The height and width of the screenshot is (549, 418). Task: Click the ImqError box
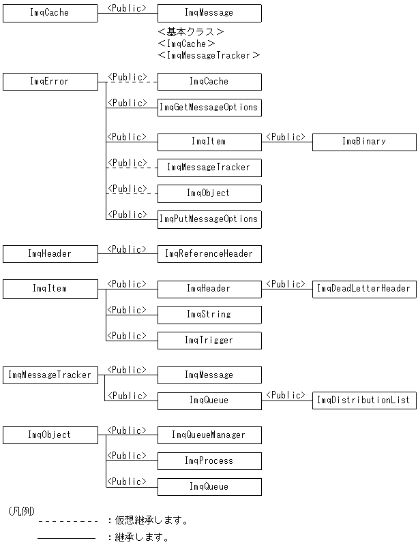tap(50, 82)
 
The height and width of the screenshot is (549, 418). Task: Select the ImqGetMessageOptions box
tap(209, 108)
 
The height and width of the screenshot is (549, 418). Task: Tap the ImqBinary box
tap(364, 142)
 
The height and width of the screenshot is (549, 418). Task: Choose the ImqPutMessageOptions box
tap(209, 219)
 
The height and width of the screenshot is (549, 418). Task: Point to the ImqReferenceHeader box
tap(209, 254)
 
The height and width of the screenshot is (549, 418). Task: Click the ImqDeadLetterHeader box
tap(364, 289)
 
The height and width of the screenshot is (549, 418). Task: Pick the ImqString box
tap(209, 315)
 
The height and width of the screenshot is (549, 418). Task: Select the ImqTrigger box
tap(209, 341)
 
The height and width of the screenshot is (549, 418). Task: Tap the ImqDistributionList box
tap(364, 401)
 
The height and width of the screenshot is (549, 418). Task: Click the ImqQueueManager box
tap(209, 435)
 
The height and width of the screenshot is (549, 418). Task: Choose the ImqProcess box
tap(209, 461)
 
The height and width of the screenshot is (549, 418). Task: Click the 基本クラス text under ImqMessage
tap(191, 32)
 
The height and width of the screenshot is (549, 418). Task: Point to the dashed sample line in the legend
tap(68, 521)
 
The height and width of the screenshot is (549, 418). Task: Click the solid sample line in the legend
tap(66, 538)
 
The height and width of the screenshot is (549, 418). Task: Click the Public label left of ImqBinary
tap(285, 137)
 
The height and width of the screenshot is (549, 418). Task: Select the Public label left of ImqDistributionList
tap(285, 395)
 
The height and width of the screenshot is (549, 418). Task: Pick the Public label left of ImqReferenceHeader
tap(127, 249)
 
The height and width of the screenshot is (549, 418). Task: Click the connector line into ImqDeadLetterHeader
tap(286, 289)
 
